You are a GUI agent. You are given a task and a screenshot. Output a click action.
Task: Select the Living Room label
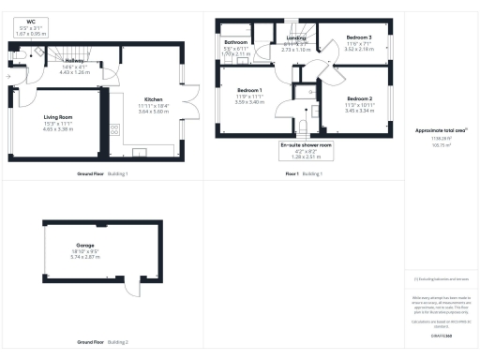(x=58, y=117)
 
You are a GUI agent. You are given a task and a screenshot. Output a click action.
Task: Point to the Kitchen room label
(x=154, y=98)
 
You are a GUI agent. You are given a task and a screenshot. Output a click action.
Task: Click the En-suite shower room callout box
(x=307, y=150)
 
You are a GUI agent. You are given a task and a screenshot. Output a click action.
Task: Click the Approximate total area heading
(x=441, y=129)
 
